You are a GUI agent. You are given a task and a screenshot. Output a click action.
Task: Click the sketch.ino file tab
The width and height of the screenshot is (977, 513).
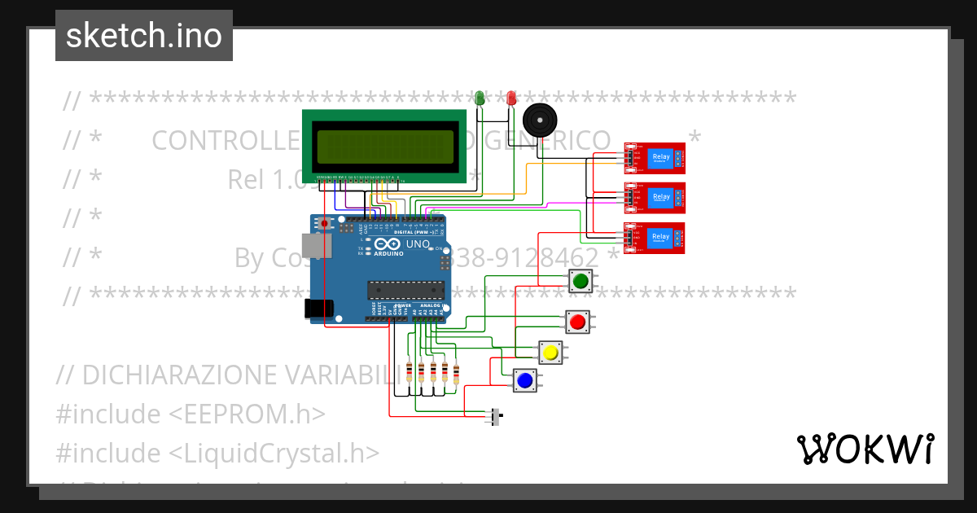click(x=144, y=36)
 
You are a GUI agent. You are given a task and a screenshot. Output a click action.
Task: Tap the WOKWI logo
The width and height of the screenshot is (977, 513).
click(x=865, y=449)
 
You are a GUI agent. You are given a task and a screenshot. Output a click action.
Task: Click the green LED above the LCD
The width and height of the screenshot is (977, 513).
click(x=480, y=98)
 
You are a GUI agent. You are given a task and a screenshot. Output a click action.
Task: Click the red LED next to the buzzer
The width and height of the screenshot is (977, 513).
click(x=511, y=98)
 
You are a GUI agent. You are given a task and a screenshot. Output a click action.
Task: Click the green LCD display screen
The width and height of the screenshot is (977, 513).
click(x=385, y=147)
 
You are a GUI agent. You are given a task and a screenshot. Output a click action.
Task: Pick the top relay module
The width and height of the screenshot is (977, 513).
click(x=655, y=158)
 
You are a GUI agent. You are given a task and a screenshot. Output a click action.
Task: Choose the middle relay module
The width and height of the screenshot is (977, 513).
click(x=655, y=198)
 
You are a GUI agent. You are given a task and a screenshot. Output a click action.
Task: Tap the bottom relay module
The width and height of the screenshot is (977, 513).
click(x=655, y=238)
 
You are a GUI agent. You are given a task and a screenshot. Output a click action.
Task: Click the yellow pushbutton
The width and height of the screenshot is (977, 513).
click(x=551, y=353)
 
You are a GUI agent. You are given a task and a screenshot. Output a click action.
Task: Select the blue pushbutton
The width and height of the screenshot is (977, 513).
click(x=525, y=379)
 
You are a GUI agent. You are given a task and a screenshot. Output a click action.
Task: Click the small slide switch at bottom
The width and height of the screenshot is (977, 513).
click(x=495, y=417)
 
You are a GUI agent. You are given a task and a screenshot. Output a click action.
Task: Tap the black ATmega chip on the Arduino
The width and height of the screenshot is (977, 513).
click(x=406, y=291)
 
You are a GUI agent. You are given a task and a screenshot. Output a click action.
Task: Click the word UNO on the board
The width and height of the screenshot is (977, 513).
click(x=418, y=243)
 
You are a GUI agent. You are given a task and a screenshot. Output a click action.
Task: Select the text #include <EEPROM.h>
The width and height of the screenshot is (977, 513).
click(x=191, y=414)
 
